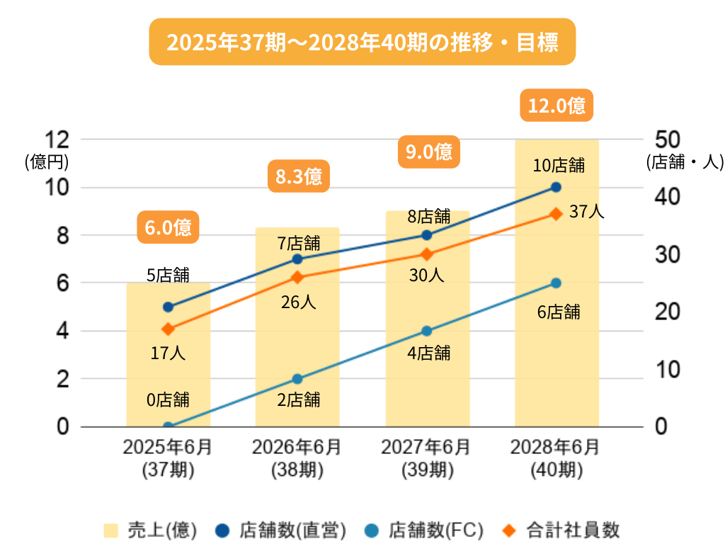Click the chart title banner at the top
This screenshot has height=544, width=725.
click(x=362, y=42)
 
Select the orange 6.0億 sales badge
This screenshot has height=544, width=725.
click(x=168, y=227)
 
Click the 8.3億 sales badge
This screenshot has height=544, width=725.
click(x=298, y=176)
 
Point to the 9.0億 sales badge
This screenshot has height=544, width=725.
click(x=429, y=152)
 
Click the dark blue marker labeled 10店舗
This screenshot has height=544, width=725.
click(x=556, y=187)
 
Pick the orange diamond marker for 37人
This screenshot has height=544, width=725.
click(x=556, y=213)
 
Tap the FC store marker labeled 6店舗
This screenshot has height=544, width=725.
click(x=556, y=283)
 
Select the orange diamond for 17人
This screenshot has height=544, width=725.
click(x=168, y=329)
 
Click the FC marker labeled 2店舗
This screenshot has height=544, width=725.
click(x=297, y=379)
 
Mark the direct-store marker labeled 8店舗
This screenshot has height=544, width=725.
click(x=426, y=235)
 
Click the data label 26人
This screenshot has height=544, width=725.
click(x=298, y=302)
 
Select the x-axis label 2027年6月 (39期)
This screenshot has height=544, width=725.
click(x=426, y=458)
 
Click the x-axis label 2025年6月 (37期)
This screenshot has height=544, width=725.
click(x=168, y=458)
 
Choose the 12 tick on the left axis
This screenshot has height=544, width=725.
click(x=56, y=139)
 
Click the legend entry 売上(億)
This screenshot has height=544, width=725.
click(x=149, y=530)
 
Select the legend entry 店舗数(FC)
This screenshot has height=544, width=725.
click(x=426, y=530)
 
